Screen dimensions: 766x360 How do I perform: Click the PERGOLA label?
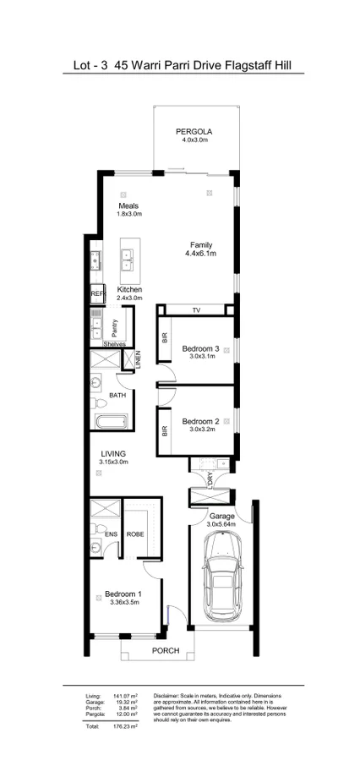pos(194,132)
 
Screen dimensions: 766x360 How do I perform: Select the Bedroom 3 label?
pos(201,348)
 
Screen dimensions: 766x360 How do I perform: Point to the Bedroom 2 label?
pos(201,421)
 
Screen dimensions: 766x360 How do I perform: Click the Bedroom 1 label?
pos(123,594)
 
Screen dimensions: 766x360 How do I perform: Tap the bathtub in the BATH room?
pos(111,422)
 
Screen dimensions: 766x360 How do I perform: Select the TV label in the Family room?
pos(195,311)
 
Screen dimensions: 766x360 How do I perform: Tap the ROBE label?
pos(135,534)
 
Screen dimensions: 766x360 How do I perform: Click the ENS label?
pos(110,534)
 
